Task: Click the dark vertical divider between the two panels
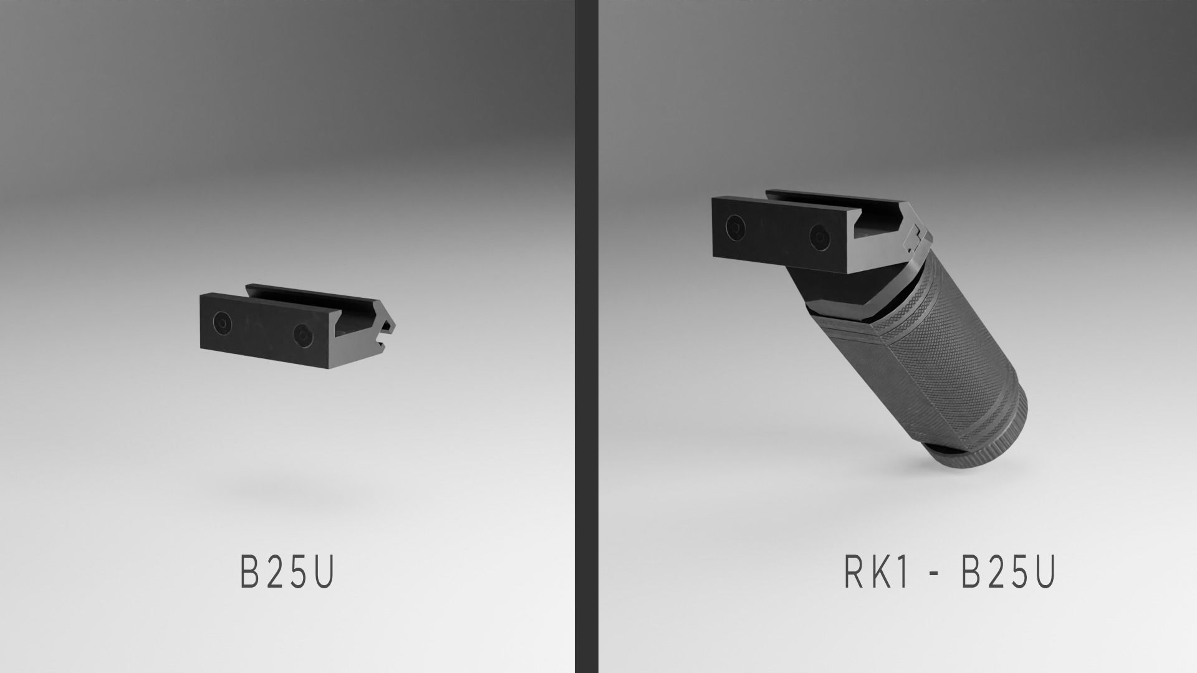click(585, 336)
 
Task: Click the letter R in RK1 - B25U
click(855, 571)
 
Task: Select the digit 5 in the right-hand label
click(1020, 571)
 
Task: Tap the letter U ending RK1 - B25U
click(1045, 571)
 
